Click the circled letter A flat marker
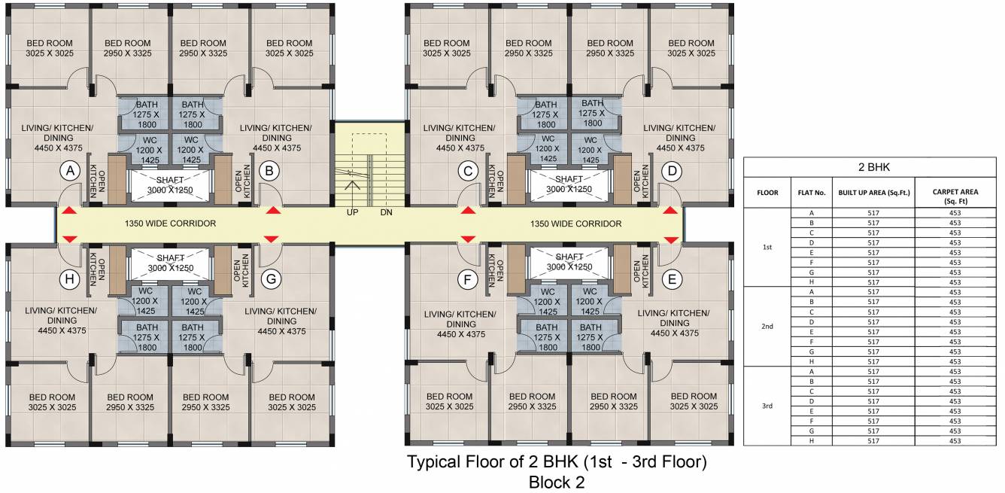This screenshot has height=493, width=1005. (70, 172)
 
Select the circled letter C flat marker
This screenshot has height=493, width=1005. (469, 172)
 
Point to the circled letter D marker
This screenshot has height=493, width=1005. (671, 172)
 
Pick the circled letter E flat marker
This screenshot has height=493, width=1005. (672, 279)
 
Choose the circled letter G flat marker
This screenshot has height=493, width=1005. (272, 280)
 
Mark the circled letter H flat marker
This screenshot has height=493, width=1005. (70, 280)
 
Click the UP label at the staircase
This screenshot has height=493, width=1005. (352, 213)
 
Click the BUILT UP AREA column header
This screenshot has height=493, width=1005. (873, 192)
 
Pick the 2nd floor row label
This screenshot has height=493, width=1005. (767, 327)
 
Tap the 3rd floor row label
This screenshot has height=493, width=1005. (767, 406)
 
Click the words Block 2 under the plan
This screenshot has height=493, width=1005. (557, 482)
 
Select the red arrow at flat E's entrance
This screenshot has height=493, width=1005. (671, 239)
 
